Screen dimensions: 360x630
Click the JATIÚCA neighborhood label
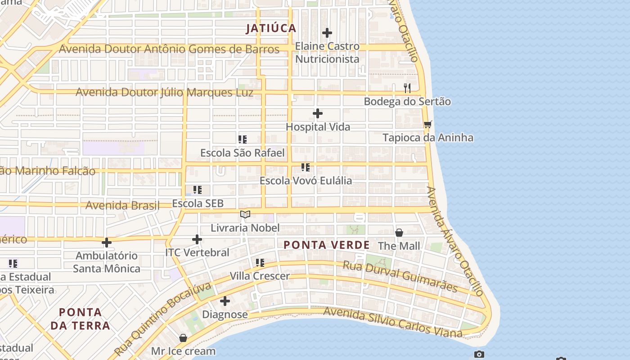coord(271,28)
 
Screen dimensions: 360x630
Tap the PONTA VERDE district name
coord(327,245)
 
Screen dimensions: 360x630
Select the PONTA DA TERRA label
coord(80,319)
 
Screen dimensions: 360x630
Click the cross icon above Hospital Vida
coord(318,113)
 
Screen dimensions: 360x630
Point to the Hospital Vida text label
coord(318,127)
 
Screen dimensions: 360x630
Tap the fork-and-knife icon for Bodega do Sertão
coord(407,88)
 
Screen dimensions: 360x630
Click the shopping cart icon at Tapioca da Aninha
coord(427,124)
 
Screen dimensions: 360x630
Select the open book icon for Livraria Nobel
coord(245,215)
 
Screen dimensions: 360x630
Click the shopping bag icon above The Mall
coord(399,233)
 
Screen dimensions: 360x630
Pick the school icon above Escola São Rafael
coord(243,139)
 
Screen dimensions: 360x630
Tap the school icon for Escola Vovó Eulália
coord(306,167)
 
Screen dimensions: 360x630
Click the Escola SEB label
coord(198,203)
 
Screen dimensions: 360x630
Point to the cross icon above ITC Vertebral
coord(197,239)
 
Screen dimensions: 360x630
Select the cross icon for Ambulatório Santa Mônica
coord(107,243)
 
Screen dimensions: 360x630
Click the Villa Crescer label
coord(260,276)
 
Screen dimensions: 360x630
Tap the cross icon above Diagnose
coord(225,301)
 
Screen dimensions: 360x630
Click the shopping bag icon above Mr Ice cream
coord(183,337)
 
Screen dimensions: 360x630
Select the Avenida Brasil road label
coord(122,206)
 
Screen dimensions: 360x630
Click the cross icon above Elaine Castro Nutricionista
coord(327,33)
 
